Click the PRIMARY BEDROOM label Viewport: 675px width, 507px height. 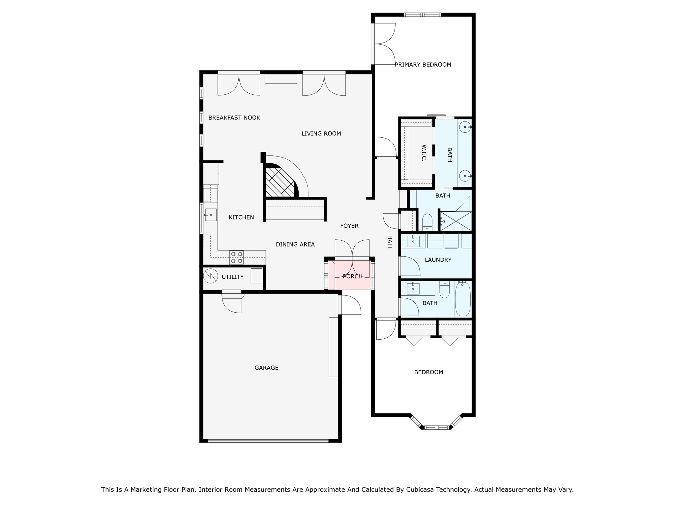[423, 65]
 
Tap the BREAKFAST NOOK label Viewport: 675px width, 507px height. [234, 118]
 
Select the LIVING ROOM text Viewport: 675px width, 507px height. [321, 134]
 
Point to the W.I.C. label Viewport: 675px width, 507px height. [424, 153]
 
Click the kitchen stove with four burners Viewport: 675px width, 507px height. [237, 257]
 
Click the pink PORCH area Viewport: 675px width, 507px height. [350, 275]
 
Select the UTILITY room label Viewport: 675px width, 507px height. [233, 277]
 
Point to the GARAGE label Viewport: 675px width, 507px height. [267, 368]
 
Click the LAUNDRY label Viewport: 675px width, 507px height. [438, 260]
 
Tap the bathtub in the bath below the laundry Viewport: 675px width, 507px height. [463, 299]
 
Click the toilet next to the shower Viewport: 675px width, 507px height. [427, 222]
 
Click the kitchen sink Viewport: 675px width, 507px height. [211, 215]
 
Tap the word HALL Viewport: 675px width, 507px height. [390, 242]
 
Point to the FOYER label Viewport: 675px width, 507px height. [349, 226]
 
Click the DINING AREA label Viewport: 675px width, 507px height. [295, 245]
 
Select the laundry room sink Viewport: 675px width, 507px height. [413, 241]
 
